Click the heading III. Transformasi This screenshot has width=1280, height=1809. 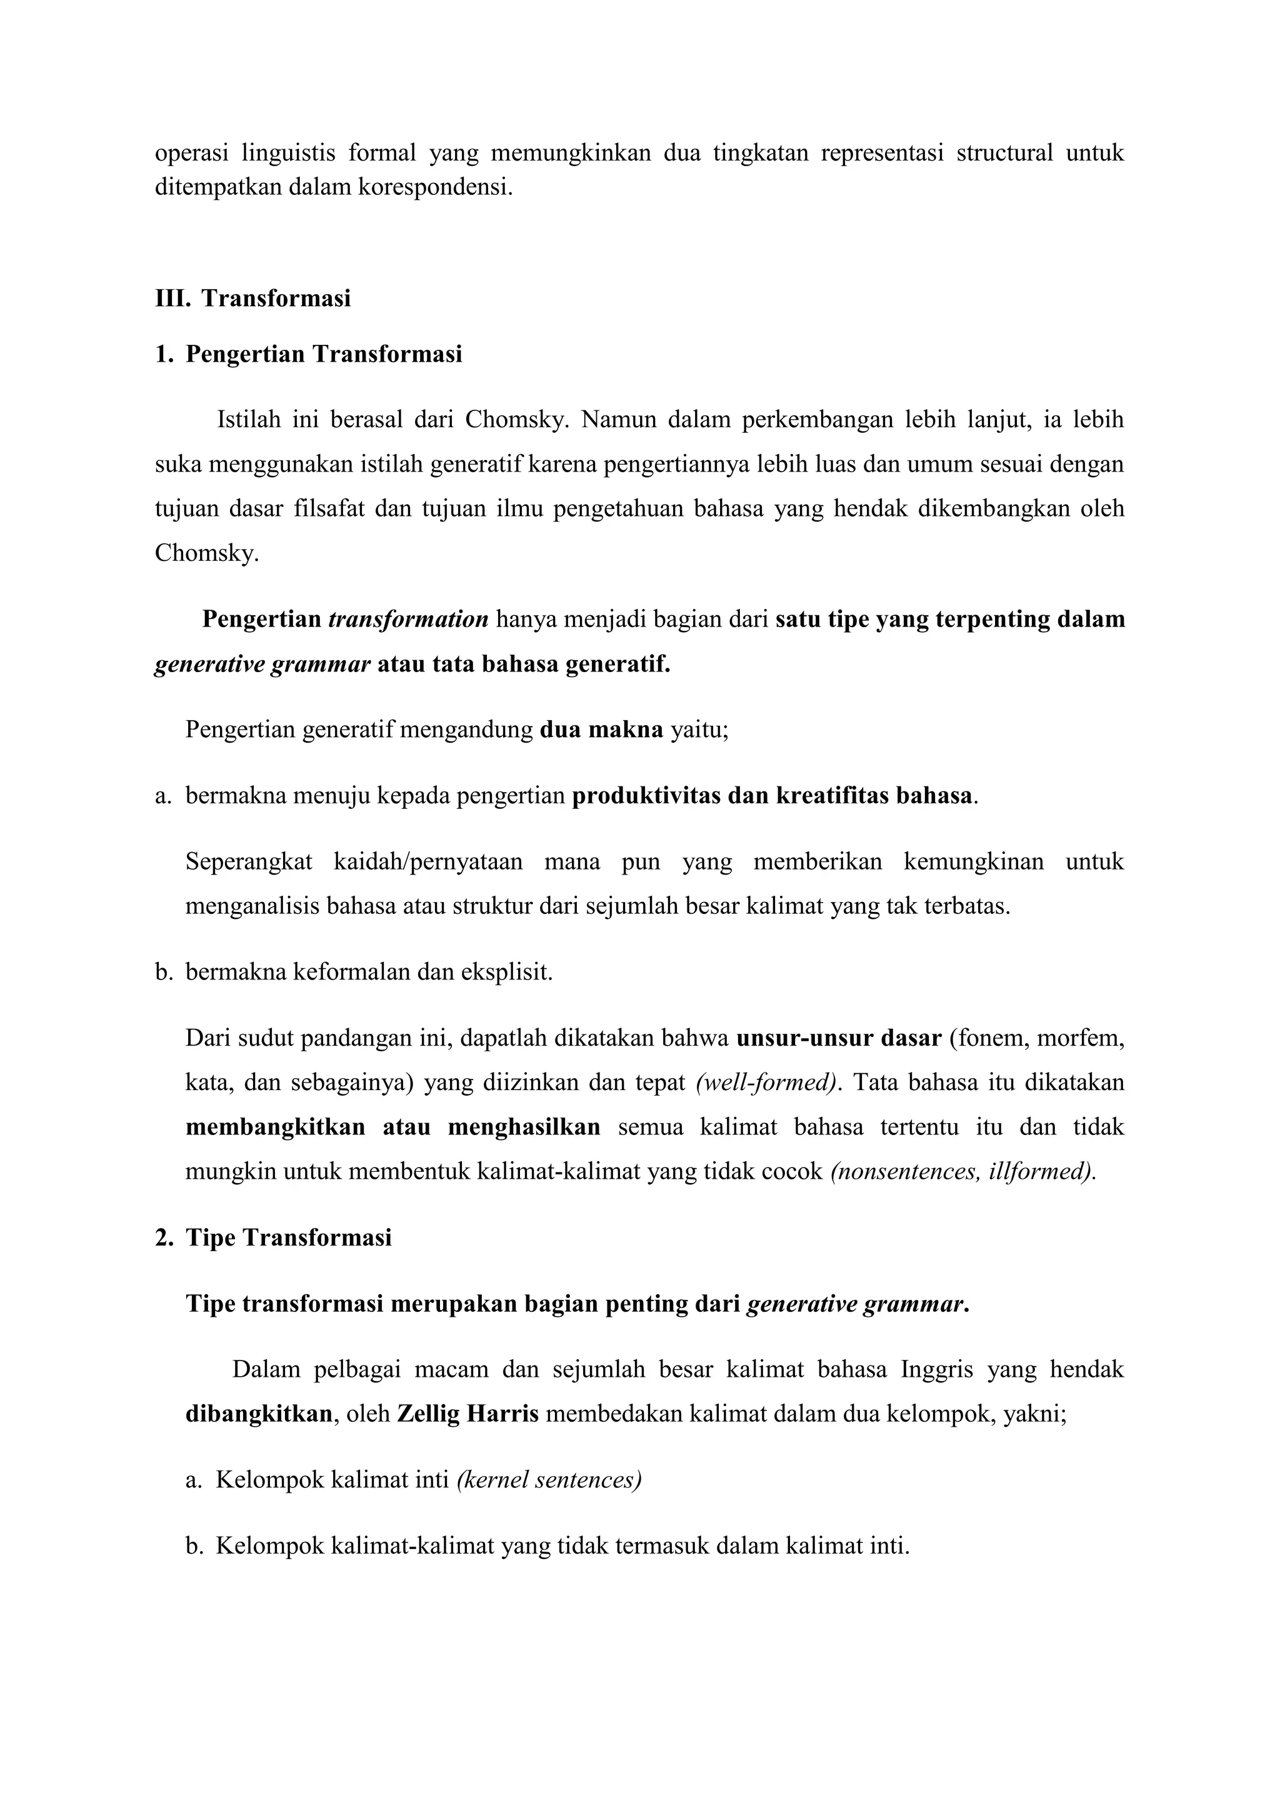click(x=253, y=299)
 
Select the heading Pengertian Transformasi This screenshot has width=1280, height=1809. click(x=324, y=355)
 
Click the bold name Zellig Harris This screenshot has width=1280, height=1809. click(x=467, y=1414)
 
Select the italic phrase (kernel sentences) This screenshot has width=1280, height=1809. click(x=549, y=1480)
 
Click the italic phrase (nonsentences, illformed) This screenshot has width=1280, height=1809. click(x=963, y=1172)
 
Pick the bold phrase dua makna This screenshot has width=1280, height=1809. click(x=601, y=730)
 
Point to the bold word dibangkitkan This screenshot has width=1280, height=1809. click(x=259, y=1414)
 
